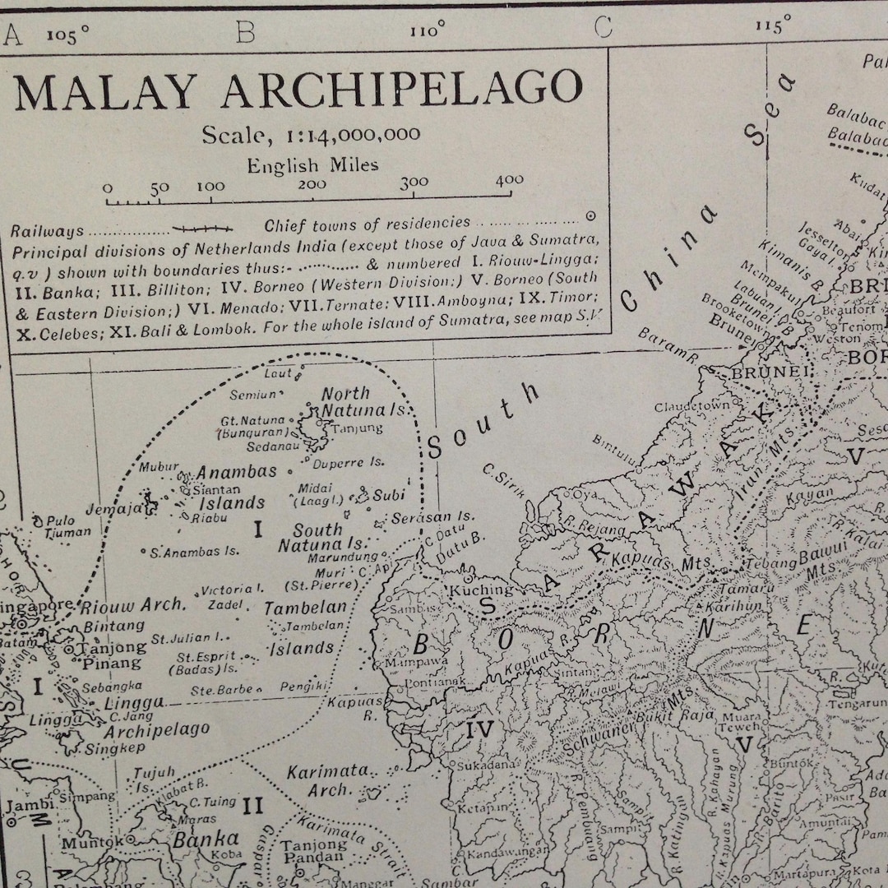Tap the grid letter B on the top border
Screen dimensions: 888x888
(245, 33)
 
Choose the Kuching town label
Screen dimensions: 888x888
(480, 590)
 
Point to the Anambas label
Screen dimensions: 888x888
(236, 473)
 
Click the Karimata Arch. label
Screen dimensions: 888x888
(327, 781)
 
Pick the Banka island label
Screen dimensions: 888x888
(206, 839)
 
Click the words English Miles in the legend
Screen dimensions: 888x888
(313, 165)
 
